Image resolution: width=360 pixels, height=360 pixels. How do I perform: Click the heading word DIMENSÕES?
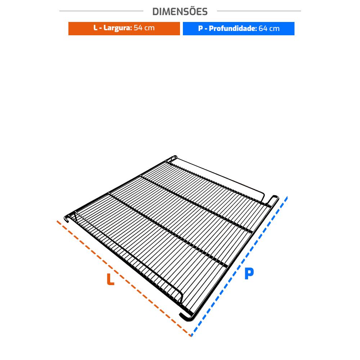pyautogui.click(x=180, y=12)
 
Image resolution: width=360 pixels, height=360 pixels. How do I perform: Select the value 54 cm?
pyautogui.click(x=144, y=28)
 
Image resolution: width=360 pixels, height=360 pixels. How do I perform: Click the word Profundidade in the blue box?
pyautogui.click(x=232, y=28)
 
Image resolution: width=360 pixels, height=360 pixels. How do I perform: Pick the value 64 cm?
pyautogui.click(x=269, y=28)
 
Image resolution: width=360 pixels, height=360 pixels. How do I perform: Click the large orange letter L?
pyautogui.click(x=111, y=279)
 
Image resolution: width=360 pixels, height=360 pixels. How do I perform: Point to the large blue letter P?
pyautogui.click(x=249, y=273)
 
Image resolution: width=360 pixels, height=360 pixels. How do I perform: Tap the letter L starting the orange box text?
pyautogui.click(x=95, y=28)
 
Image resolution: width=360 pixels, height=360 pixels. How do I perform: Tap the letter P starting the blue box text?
pyautogui.click(x=201, y=28)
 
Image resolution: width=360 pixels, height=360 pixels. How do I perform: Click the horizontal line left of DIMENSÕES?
pyautogui.click(x=101, y=11)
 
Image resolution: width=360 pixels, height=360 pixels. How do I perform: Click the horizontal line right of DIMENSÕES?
pyautogui.click(x=259, y=11)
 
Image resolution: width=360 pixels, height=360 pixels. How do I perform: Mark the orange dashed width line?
pyautogui.click(x=124, y=278)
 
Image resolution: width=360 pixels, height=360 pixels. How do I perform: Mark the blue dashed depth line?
pyautogui.click(x=239, y=266)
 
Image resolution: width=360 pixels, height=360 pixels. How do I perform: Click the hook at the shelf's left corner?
pyautogui.click(x=67, y=219)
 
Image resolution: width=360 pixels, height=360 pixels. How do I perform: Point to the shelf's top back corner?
pyautogui.click(x=174, y=157)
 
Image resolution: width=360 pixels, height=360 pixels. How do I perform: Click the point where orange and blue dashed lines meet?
pyautogui.click(x=191, y=336)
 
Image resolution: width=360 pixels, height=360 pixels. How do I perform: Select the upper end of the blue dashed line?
pyautogui.click(x=287, y=197)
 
